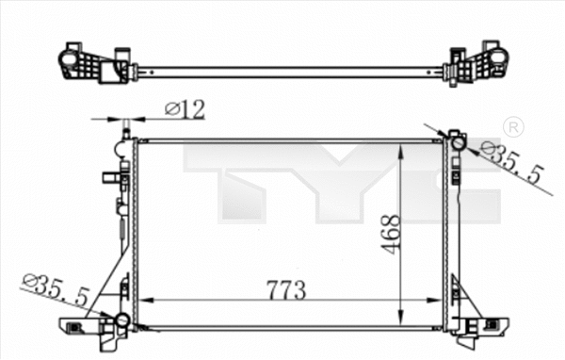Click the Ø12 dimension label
click(x=185, y=110)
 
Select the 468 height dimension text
click(x=392, y=233)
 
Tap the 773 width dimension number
click(x=285, y=290)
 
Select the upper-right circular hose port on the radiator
click(x=457, y=143)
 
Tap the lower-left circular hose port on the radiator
click(x=121, y=321)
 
